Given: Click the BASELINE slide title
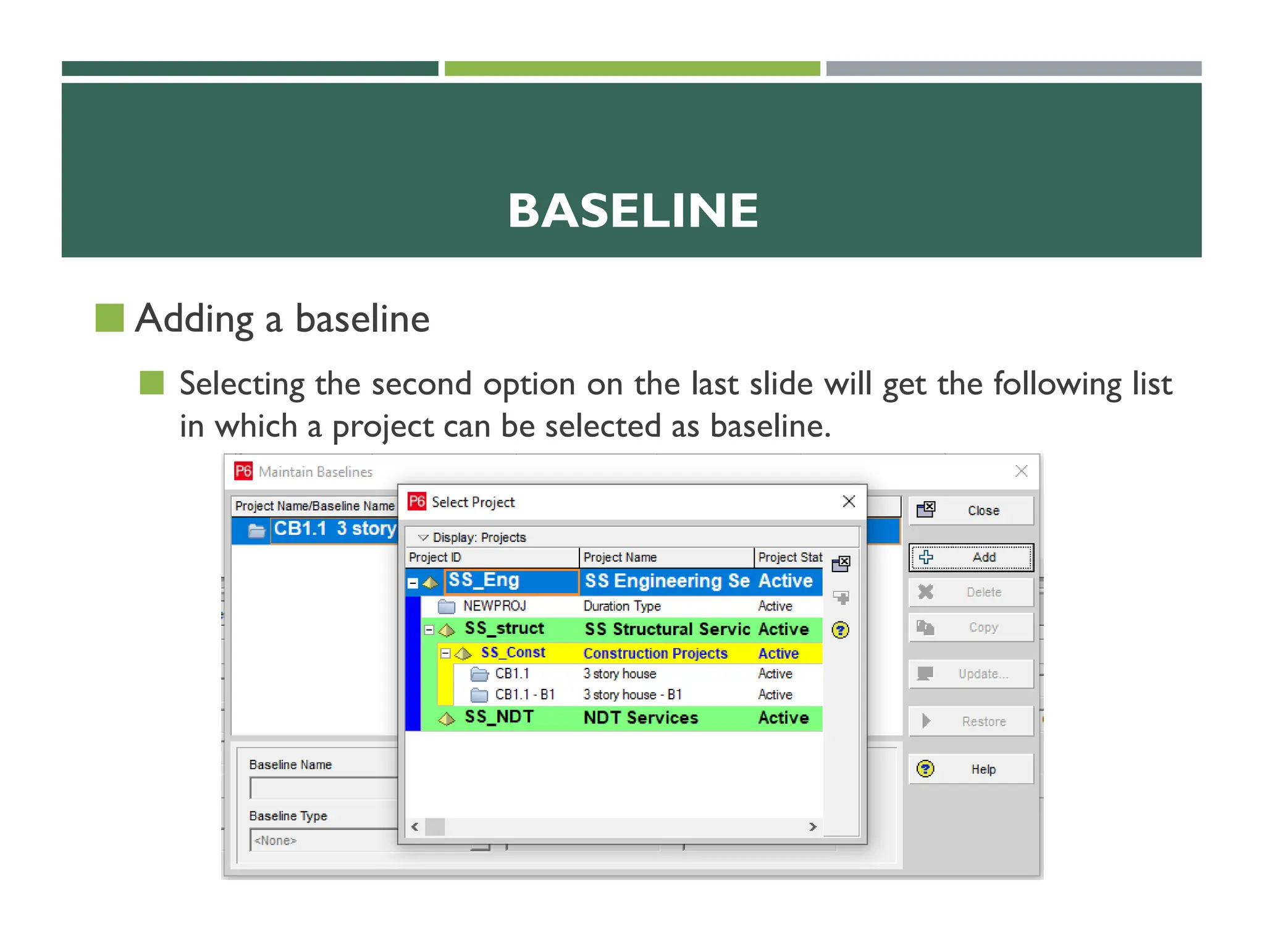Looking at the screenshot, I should click(632, 211).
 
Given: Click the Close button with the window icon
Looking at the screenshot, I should click(970, 510).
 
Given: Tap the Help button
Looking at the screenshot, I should click(970, 769).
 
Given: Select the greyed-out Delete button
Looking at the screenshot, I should click(970, 592).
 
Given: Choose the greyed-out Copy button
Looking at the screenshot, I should click(970, 627).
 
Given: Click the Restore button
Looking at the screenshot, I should click(970, 721).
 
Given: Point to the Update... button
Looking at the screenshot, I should click(970, 673).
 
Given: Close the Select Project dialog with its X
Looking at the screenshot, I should click(849, 501).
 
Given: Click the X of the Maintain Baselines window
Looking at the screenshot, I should click(1021, 471).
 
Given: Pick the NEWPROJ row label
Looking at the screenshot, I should click(494, 606).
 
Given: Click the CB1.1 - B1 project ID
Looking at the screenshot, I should click(524, 694).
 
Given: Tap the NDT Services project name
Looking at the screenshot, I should click(641, 718).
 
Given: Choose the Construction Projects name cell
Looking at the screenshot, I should click(655, 653).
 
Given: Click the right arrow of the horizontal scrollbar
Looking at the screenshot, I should click(813, 827).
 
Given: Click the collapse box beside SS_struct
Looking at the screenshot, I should click(429, 630).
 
